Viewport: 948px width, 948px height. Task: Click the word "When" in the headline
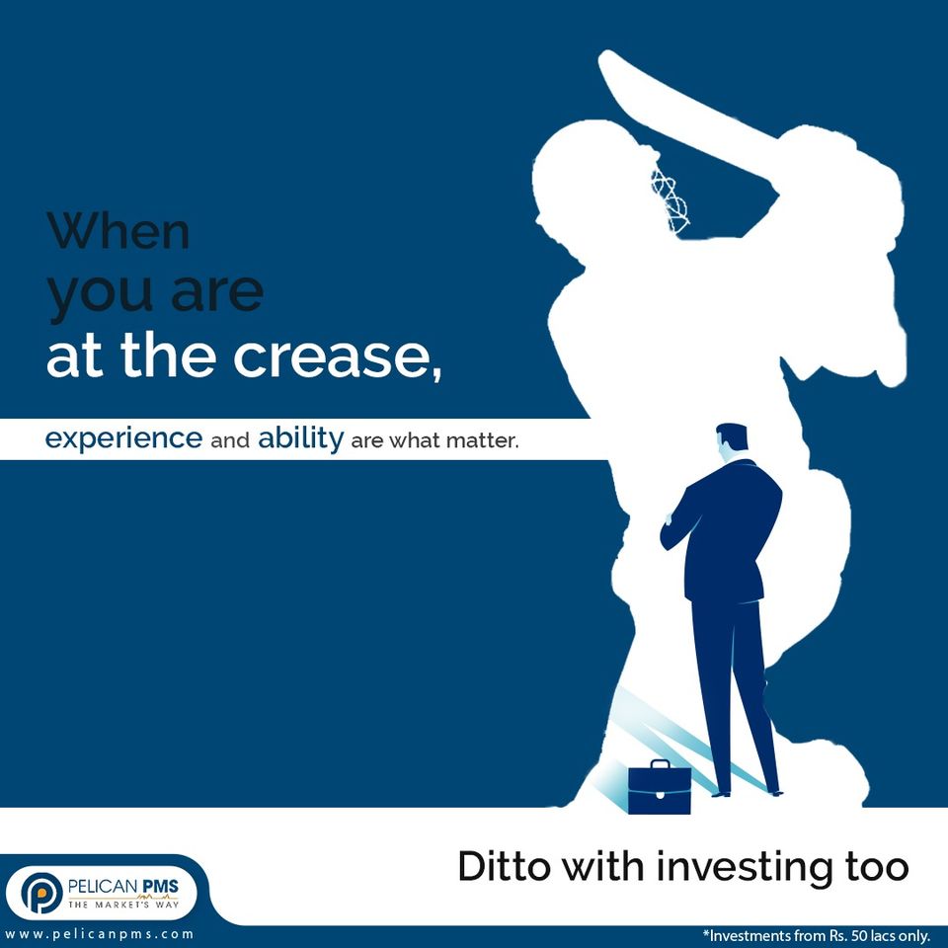[x=119, y=231]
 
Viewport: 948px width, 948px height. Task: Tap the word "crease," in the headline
[x=338, y=356]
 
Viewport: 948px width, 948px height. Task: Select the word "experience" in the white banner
[x=124, y=438]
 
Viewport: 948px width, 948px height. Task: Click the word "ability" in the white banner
[x=300, y=437]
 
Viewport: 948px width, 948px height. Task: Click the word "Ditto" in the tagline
[x=505, y=866]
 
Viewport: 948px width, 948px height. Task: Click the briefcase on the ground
[x=659, y=787]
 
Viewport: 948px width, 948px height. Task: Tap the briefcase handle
[x=660, y=763]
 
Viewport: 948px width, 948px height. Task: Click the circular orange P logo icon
[x=41, y=893]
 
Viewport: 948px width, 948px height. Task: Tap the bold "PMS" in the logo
[x=160, y=887]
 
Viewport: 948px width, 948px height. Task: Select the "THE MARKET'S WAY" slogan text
[x=123, y=905]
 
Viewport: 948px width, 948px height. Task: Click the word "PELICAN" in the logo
[x=103, y=887]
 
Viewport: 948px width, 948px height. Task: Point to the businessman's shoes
[x=748, y=793]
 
